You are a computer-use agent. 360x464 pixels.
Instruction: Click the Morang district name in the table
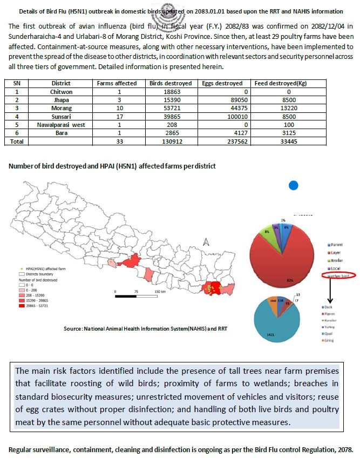(60, 109)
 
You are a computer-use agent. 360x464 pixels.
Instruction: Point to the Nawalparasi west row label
(60, 124)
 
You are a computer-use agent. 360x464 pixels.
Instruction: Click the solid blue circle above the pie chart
(294, 185)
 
